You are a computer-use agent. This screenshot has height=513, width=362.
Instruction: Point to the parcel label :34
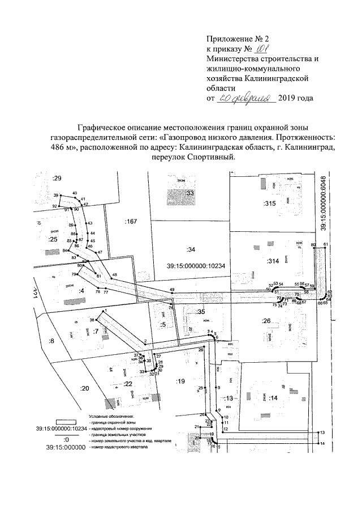tap(190, 249)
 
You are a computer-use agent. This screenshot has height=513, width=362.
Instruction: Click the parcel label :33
tap(189, 193)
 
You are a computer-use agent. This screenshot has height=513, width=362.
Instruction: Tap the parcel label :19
tap(180, 381)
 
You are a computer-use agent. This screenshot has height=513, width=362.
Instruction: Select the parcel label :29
tap(57, 178)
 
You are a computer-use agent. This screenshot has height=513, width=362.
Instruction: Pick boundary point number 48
tap(115, 275)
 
